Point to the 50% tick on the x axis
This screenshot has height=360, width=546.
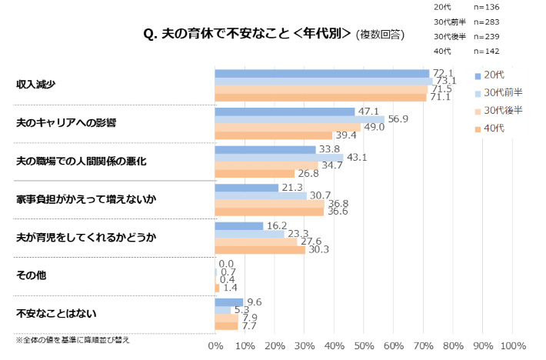point(364,345)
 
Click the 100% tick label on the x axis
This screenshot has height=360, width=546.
point(513,345)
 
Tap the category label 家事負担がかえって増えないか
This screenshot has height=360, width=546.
point(86,199)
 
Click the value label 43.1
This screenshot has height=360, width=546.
point(356,157)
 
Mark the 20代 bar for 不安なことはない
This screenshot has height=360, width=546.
point(229,302)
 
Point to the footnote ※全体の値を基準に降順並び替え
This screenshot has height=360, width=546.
point(73,339)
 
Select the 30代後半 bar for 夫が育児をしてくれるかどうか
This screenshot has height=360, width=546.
point(256,242)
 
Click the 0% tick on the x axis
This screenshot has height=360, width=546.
point(215,345)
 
